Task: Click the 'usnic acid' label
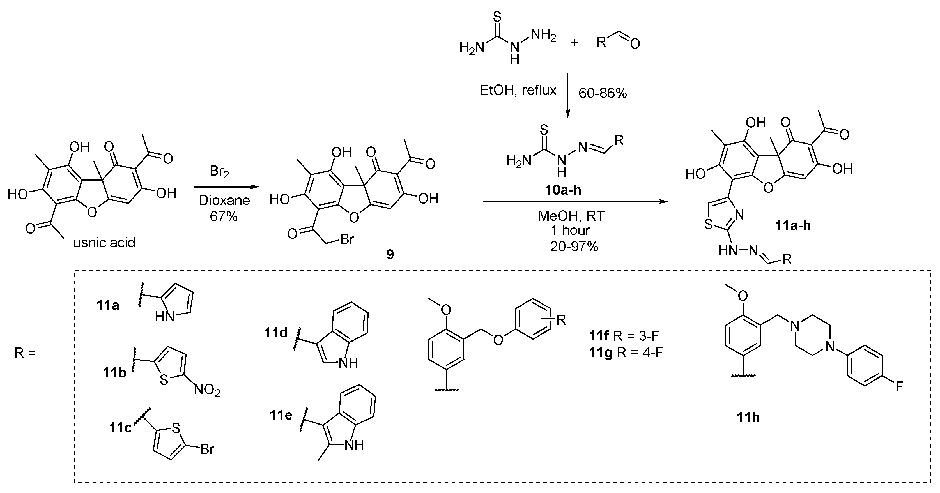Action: click(104, 243)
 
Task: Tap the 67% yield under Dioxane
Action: click(223, 216)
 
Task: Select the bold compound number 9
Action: click(390, 254)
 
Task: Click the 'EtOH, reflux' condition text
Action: click(518, 90)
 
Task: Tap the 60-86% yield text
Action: click(603, 93)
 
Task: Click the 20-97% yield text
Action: click(574, 247)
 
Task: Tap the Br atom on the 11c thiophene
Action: click(207, 449)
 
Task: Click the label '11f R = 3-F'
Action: click(626, 335)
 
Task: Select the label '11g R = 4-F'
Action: click(626, 353)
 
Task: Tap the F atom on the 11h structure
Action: click(899, 386)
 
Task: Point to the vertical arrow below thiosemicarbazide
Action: click(567, 95)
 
